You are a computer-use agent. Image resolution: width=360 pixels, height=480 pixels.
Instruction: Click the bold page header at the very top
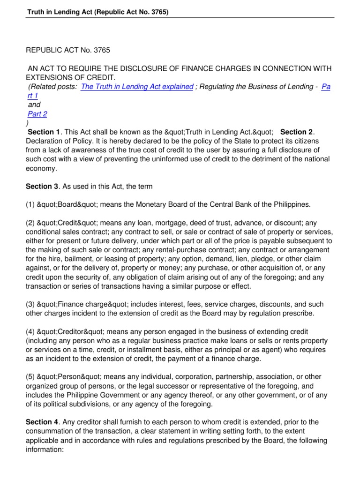[97, 12]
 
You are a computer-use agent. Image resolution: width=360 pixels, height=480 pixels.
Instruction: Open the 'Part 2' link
[37, 114]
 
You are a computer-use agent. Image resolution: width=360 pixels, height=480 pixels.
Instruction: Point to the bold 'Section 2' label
[298, 132]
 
